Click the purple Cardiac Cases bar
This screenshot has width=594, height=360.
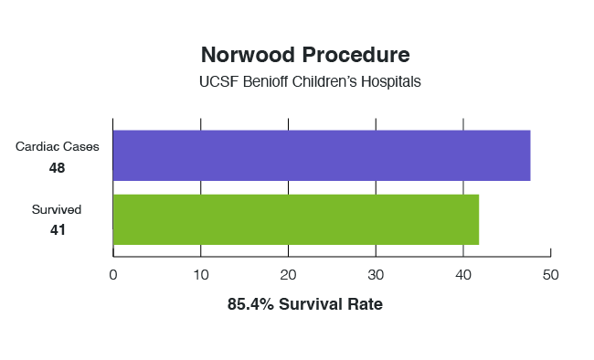(x=321, y=155)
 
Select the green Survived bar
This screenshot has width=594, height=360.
(x=295, y=219)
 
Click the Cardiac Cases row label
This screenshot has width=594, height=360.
(x=58, y=146)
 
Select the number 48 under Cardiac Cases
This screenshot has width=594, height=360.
(x=58, y=167)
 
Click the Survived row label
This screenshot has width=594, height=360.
(x=58, y=209)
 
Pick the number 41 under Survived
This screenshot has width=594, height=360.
(x=58, y=230)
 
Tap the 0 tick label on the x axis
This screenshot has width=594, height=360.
(x=113, y=274)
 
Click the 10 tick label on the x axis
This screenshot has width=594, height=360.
(x=201, y=274)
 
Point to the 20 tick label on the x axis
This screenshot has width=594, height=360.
(x=289, y=274)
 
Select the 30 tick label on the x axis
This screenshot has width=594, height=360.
(x=376, y=274)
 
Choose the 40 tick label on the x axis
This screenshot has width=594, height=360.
(x=463, y=274)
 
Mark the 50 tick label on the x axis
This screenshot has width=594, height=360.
(x=550, y=274)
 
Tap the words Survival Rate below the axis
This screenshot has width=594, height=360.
(x=332, y=304)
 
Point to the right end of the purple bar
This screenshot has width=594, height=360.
(x=528, y=155)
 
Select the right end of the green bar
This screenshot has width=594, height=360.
(x=476, y=219)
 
